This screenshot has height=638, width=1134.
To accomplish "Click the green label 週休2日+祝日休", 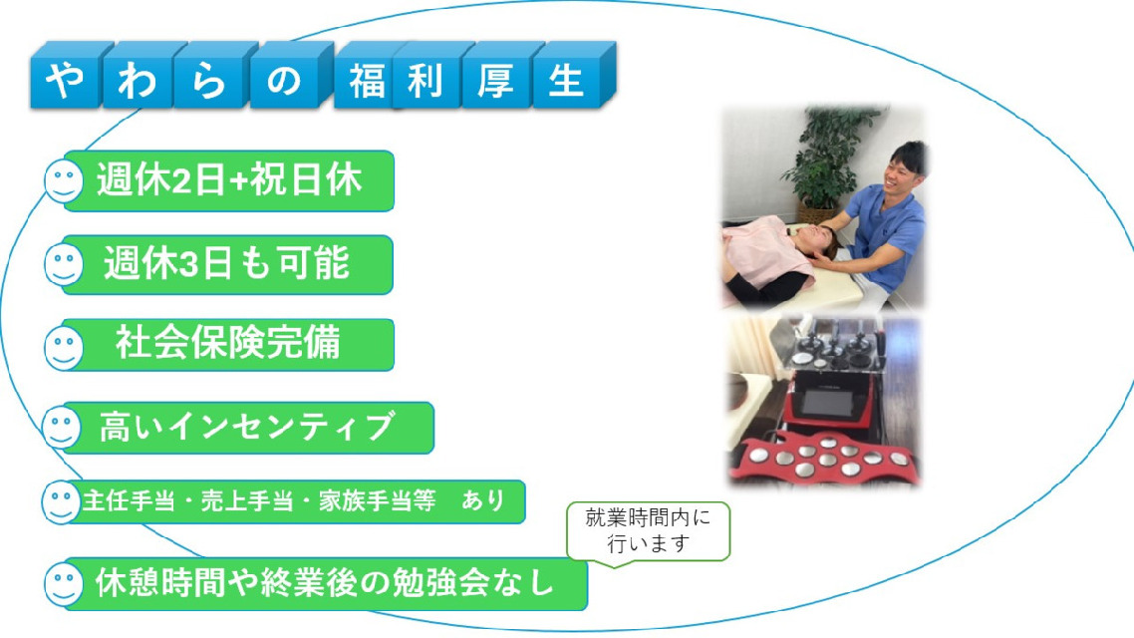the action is [x=228, y=180].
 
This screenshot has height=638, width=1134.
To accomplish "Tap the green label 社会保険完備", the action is [x=228, y=345].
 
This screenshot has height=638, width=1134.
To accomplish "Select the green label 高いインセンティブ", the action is [x=247, y=428].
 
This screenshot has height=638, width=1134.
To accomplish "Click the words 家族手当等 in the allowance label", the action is [x=377, y=500].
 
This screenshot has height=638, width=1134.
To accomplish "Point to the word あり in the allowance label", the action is [x=483, y=500].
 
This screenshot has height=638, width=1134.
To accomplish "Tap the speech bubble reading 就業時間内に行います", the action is [x=648, y=531].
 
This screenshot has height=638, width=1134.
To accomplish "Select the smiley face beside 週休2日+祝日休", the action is [x=64, y=180].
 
